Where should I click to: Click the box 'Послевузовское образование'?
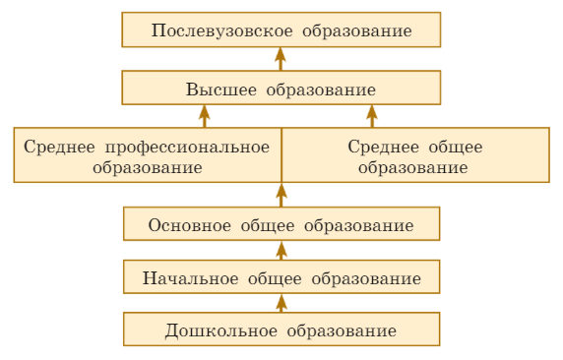tap(281, 30)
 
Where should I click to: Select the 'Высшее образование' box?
tap(281, 89)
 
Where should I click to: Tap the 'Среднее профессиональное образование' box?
tap(148, 155)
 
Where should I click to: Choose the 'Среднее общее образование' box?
tap(414, 155)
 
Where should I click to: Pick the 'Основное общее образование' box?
tap(281, 224)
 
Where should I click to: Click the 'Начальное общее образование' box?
tap(281, 277)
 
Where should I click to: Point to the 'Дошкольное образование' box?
tap(281, 330)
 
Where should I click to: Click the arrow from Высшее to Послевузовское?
tap(281, 58)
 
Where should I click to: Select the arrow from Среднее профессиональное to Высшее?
tap(205, 116)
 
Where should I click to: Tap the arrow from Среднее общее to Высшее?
tap(371, 116)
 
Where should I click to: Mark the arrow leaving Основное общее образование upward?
tap(281, 195)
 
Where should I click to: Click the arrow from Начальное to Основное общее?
tap(281, 251)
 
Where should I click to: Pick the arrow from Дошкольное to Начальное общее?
tap(281, 303)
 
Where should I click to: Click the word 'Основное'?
tap(191, 225)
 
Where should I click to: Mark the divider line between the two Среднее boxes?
tap(281, 148)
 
